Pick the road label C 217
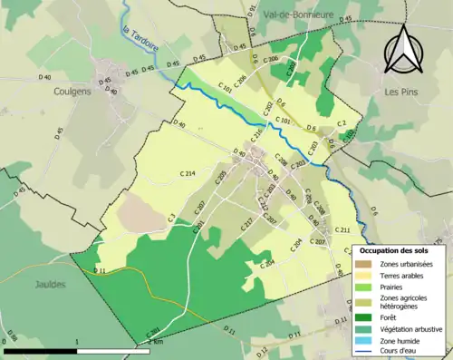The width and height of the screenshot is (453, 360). [246, 224]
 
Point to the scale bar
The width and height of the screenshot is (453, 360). [77, 349]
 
